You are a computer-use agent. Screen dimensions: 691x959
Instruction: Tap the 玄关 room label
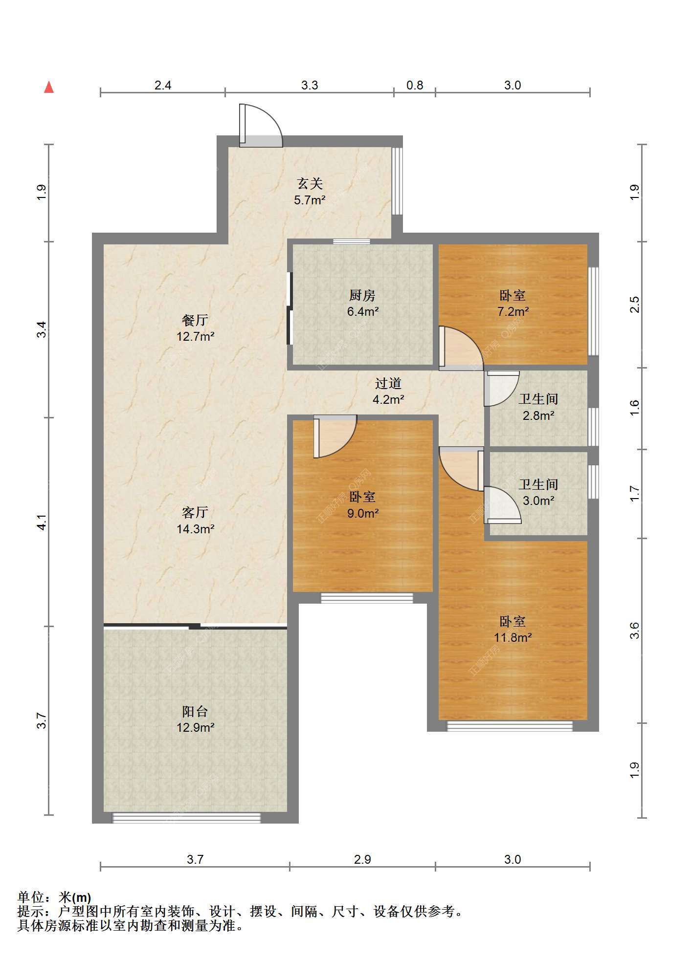(x=310, y=184)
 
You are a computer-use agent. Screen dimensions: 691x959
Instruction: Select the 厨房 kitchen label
(x=362, y=295)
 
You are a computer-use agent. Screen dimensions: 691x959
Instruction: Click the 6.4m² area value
(x=363, y=311)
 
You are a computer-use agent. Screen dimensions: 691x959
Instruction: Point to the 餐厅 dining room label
(x=195, y=320)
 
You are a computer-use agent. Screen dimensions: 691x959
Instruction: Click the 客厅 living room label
(x=195, y=512)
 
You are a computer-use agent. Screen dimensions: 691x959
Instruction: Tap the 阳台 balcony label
(x=195, y=711)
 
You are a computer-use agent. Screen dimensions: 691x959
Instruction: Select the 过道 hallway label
(x=388, y=383)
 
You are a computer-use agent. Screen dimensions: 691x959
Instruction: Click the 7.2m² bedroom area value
(x=513, y=311)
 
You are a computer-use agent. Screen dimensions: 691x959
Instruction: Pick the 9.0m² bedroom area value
(x=363, y=513)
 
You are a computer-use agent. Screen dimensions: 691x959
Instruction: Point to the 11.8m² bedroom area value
(x=513, y=637)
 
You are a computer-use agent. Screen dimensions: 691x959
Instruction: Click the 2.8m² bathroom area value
(x=538, y=415)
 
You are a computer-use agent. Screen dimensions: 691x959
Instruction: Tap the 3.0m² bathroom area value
(x=538, y=501)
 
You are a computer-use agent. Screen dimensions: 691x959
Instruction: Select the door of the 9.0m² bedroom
(x=335, y=436)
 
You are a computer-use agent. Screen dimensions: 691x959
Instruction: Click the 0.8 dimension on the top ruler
(x=415, y=85)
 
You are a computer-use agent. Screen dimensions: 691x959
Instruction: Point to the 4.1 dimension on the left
(x=43, y=522)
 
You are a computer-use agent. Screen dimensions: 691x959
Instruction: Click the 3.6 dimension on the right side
(x=634, y=630)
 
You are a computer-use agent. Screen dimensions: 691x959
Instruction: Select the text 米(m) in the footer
(x=75, y=897)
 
